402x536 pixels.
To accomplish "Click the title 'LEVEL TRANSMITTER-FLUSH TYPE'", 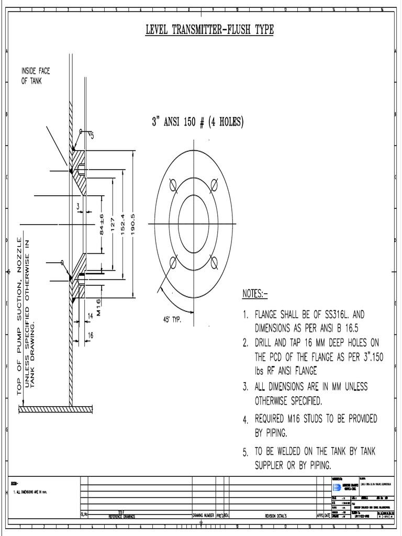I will point(209,30).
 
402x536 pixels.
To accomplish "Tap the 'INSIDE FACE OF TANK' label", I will point(36,76).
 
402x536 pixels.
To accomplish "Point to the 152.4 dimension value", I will point(122,224).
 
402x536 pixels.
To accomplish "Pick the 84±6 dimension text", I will point(103,224).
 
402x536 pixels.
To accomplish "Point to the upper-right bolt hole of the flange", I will point(213,185).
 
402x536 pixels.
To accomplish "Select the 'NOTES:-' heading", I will point(255,294).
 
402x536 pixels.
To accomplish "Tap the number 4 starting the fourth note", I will point(245,420).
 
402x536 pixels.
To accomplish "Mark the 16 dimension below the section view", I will point(90,334).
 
